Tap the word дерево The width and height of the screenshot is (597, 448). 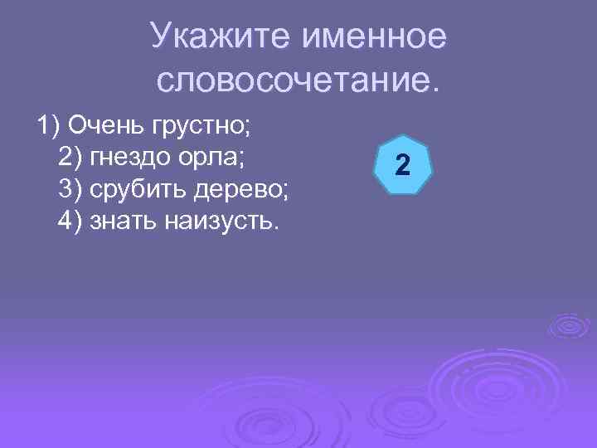(242, 189)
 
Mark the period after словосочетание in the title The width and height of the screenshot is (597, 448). (429, 89)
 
